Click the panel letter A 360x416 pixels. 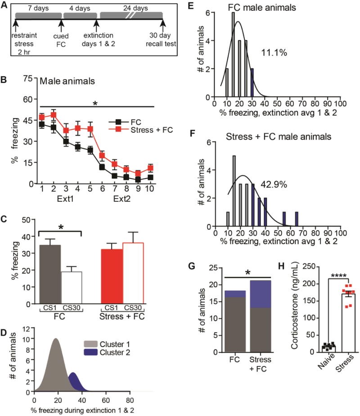point(6,5)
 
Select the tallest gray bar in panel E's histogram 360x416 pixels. point(233,54)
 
